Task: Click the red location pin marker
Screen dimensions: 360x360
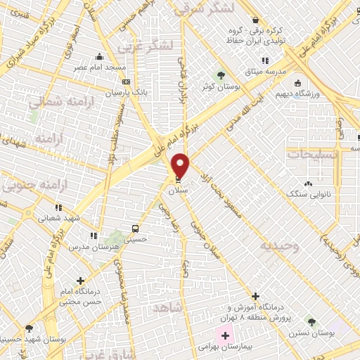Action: click(x=181, y=165)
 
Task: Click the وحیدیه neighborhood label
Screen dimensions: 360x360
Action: click(x=279, y=247)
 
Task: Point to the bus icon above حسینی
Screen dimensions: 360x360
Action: click(x=135, y=229)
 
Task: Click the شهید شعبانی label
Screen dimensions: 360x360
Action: click(x=54, y=218)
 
